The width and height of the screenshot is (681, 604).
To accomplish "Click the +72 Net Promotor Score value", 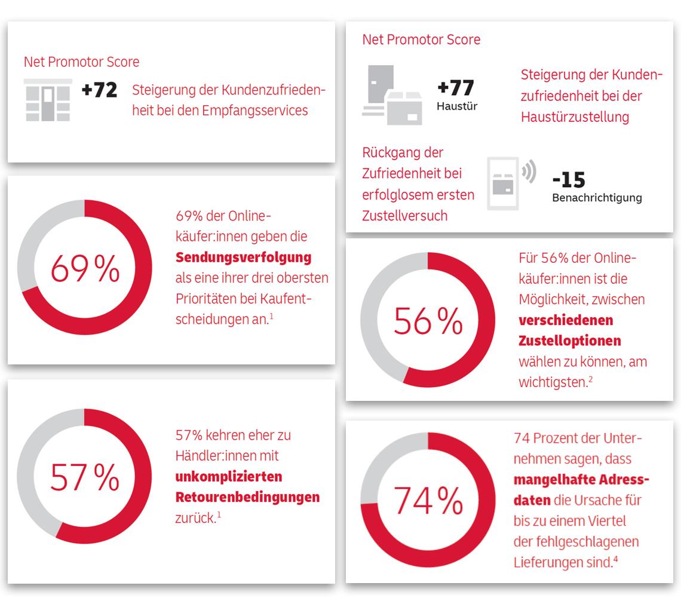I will coord(99,90).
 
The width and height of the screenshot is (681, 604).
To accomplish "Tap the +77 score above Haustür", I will coord(456,87).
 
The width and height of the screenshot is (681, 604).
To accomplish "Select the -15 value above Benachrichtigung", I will coord(569,179).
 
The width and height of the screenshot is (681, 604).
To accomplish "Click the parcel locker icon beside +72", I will coord(48,100).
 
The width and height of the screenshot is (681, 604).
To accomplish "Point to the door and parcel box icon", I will coord(392,95).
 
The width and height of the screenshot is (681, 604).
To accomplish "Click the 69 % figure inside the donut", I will coord(85,268).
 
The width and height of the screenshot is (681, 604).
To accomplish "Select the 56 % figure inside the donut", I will coord(428,321).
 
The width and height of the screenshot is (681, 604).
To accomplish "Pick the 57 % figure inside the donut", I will coord(85,477).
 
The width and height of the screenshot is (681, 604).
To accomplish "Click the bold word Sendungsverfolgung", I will coord(243,257).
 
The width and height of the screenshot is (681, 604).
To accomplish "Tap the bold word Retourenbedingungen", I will coord(247,497).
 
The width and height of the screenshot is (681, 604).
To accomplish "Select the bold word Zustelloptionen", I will coord(569,341).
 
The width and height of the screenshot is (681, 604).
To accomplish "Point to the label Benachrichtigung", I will coord(597,198).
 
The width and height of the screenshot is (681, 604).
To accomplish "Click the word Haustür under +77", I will coord(457,106).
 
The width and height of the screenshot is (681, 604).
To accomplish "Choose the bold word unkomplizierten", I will coord(228,477).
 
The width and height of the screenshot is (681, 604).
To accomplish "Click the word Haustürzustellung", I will coord(575,116).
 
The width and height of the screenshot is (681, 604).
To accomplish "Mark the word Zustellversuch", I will coord(404,216).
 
